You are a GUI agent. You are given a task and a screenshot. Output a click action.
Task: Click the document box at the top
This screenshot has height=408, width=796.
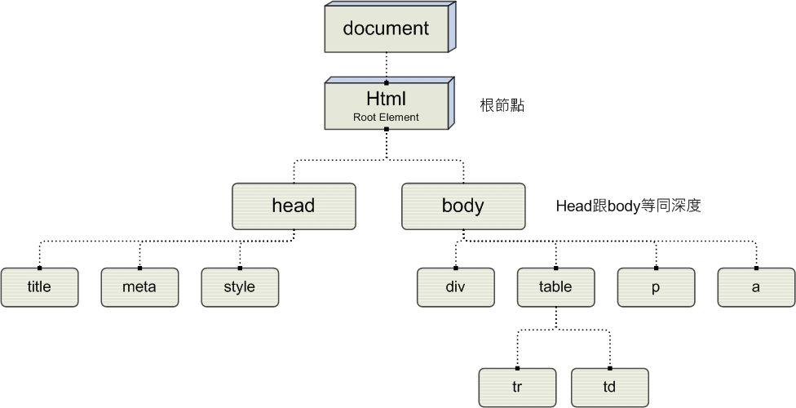click(386, 29)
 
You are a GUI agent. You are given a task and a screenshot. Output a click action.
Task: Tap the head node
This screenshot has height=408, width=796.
click(294, 206)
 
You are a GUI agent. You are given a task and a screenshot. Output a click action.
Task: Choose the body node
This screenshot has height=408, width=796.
click(463, 206)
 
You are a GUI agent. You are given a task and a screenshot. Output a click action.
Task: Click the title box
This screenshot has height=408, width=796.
click(39, 287)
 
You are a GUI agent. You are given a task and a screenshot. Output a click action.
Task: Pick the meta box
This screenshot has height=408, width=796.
click(139, 287)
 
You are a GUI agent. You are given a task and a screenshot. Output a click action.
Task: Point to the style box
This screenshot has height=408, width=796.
click(240, 287)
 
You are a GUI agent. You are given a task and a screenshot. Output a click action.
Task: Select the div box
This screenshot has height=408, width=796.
click(455, 287)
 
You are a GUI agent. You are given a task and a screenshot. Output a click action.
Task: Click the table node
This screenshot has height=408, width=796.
click(555, 287)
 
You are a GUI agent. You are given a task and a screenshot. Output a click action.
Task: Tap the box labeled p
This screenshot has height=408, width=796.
click(656, 287)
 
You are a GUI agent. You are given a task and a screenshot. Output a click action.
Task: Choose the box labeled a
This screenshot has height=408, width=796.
click(756, 287)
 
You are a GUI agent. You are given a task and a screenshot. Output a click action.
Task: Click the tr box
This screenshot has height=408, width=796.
click(517, 388)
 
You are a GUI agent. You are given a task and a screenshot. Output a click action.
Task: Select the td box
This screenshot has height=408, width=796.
click(610, 388)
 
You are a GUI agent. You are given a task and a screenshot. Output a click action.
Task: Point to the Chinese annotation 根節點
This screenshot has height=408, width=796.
click(502, 106)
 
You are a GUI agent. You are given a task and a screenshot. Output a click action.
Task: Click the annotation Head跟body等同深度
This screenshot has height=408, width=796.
click(628, 206)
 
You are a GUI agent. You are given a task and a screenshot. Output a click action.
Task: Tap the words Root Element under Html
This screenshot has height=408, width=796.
click(386, 118)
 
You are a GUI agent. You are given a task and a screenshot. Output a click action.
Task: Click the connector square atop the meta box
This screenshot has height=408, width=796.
click(139, 268)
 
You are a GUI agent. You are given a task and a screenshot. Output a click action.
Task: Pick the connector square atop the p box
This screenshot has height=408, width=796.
click(656, 268)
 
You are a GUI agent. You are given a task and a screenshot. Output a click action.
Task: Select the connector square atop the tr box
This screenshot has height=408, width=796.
click(517, 368)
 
